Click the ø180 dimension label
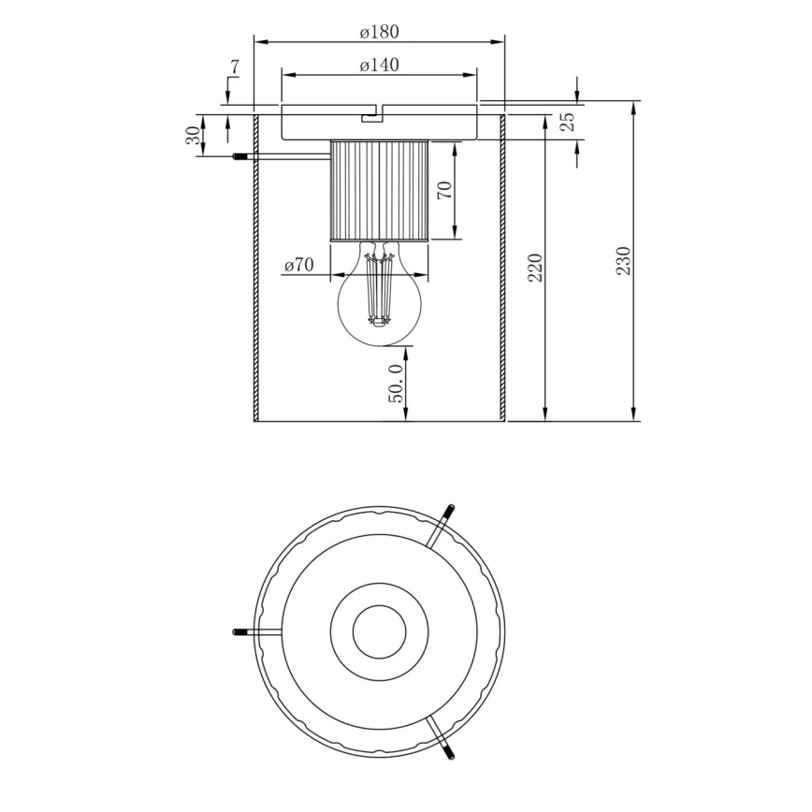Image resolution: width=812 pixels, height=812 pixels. [x=379, y=32]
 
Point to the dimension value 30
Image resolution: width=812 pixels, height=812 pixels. [x=193, y=135]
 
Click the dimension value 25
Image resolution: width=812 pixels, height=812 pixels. [x=566, y=121]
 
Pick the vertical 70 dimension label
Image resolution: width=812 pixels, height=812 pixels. [x=444, y=190]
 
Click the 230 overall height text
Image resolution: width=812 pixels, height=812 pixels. [x=624, y=261]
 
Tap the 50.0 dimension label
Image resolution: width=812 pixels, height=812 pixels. [x=397, y=384]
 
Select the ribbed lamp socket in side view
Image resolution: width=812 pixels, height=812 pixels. [x=379, y=191]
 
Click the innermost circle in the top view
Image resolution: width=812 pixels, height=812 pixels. [x=379, y=631]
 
